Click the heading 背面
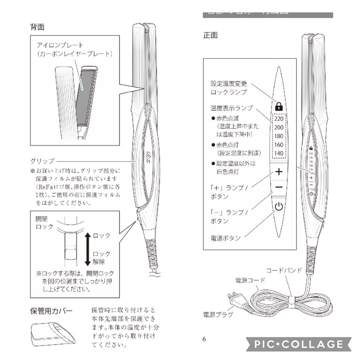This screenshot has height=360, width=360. pyautogui.click(x=37, y=27)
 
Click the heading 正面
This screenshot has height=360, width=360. pyautogui.click(x=210, y=35)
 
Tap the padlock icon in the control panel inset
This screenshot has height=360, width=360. pyautogui.click(x=279, y=106)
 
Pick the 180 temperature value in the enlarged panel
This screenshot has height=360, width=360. pyautogui.click(x=279, y=136)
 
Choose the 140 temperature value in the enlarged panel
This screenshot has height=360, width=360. pyautogui.click(x=279, y=154)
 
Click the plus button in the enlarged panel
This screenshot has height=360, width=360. pyautogui.click(x=279, y=172)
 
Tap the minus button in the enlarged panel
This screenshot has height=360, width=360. pyautogui.click(x=279, y=187)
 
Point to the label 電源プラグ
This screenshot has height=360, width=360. pyautogui.click(x=218, y=314)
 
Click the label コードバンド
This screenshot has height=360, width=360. pyautogui.click(x=283, y=270)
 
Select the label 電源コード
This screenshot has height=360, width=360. pyautogui.click(x=250, y=280)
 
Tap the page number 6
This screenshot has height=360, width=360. pyautogui.click(x=204, y=339)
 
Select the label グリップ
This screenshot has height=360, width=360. pyautogui.click(x=42, y=161)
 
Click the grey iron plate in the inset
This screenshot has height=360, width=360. pyautogui.click(x=85, y=97)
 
